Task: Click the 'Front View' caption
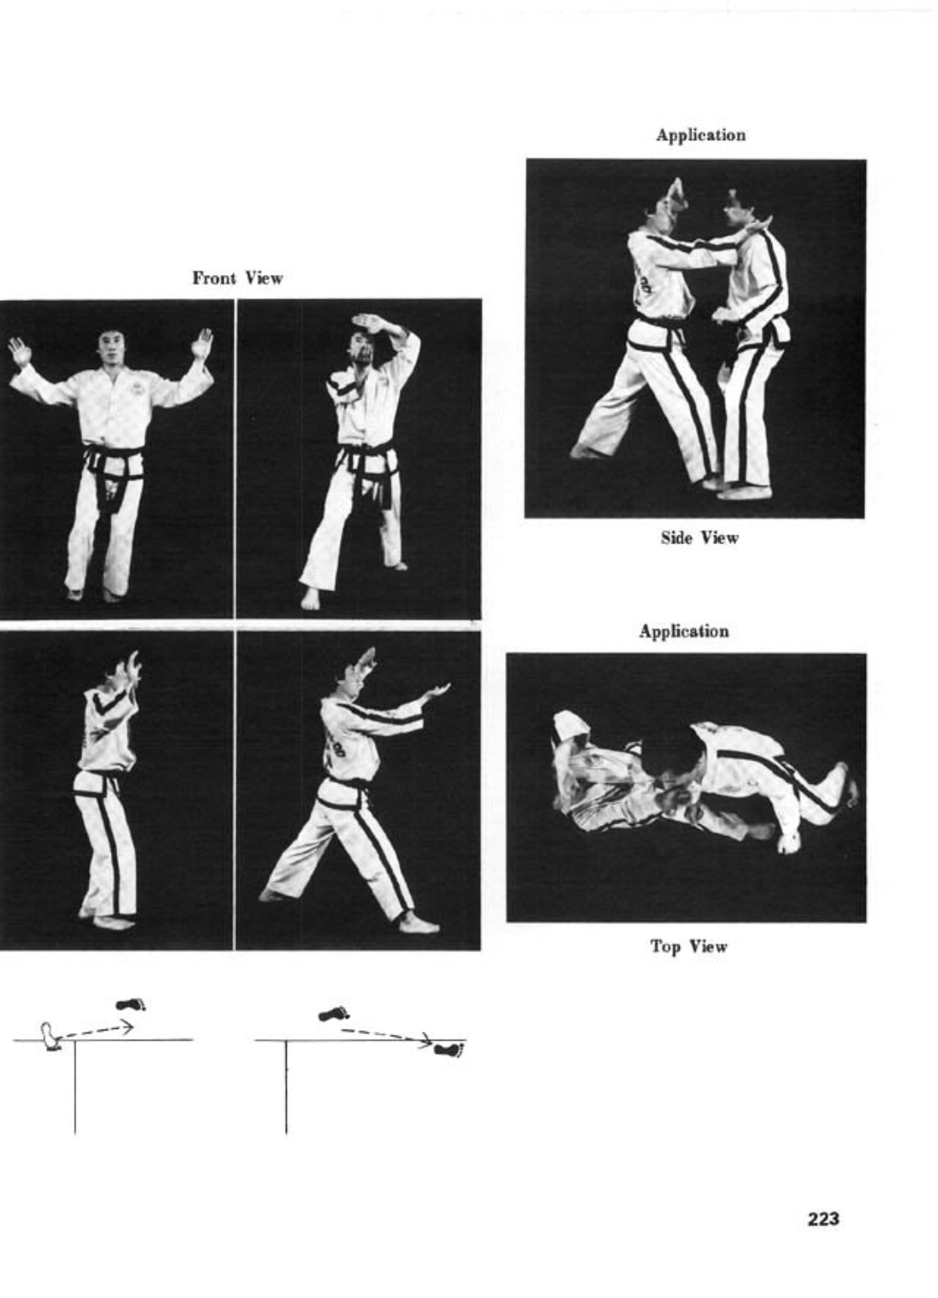pos(237,278)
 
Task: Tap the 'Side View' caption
pos(700,537)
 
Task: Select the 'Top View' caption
pos(689,947)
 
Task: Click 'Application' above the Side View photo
pos(701,134)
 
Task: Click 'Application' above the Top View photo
pos(684,631)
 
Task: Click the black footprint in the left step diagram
pos(131,1005)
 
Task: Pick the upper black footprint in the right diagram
pos(334,1014)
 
